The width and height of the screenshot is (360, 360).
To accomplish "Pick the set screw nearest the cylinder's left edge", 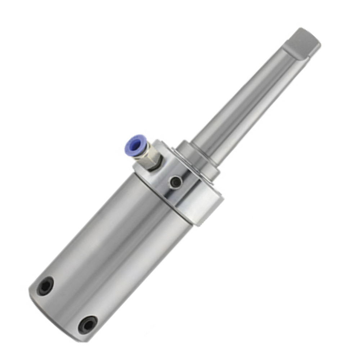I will pyautogui.click(x=46, y=286).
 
